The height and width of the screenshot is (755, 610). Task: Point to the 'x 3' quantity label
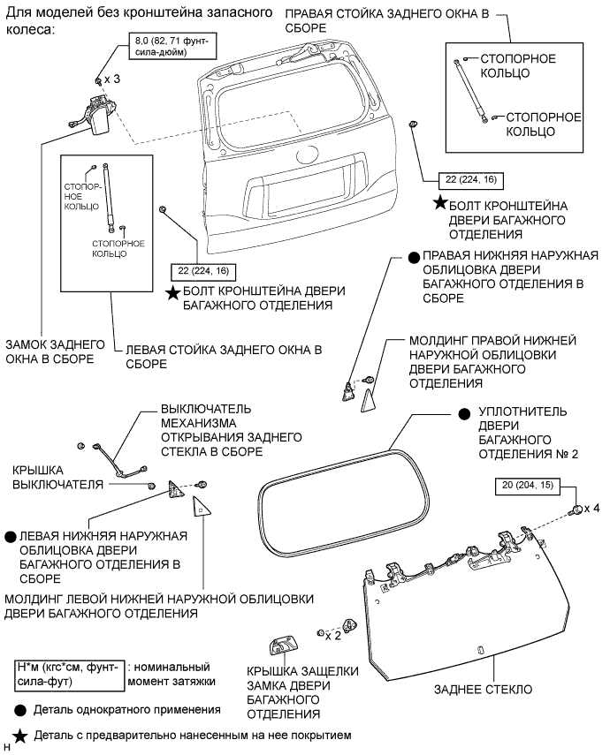coord(112,79)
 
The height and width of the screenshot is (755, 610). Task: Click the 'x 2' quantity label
coord(334,634)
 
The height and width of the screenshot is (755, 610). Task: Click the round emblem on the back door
coord(306,155)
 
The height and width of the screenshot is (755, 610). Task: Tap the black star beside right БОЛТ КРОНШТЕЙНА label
coord(440,204)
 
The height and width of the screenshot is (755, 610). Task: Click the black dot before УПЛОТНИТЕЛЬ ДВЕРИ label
coord(462,412)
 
